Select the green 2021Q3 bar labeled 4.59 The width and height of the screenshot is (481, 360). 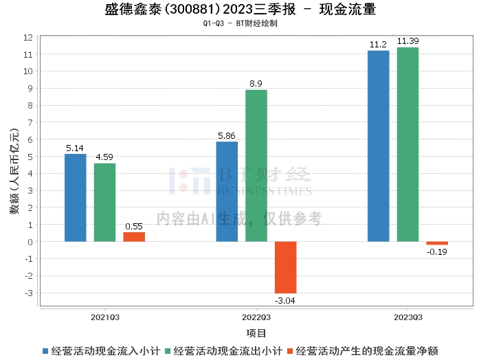(104, 203)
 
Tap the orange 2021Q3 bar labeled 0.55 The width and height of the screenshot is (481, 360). (134, 237)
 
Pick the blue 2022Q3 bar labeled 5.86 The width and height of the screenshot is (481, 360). (227, 192)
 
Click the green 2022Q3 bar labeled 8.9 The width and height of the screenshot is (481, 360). (256, 166)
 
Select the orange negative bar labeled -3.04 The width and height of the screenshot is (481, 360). (285, 267)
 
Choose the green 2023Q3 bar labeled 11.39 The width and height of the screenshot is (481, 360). (407, 144)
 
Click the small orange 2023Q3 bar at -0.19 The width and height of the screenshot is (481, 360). (437, 243)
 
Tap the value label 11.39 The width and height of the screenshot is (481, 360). (407, 41)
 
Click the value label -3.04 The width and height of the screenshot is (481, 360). (285, 300)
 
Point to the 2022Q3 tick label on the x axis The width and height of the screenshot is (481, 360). (256, 318)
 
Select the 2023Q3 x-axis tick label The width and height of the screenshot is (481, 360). (407, 318)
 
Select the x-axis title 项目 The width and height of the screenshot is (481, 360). (256, 333)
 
